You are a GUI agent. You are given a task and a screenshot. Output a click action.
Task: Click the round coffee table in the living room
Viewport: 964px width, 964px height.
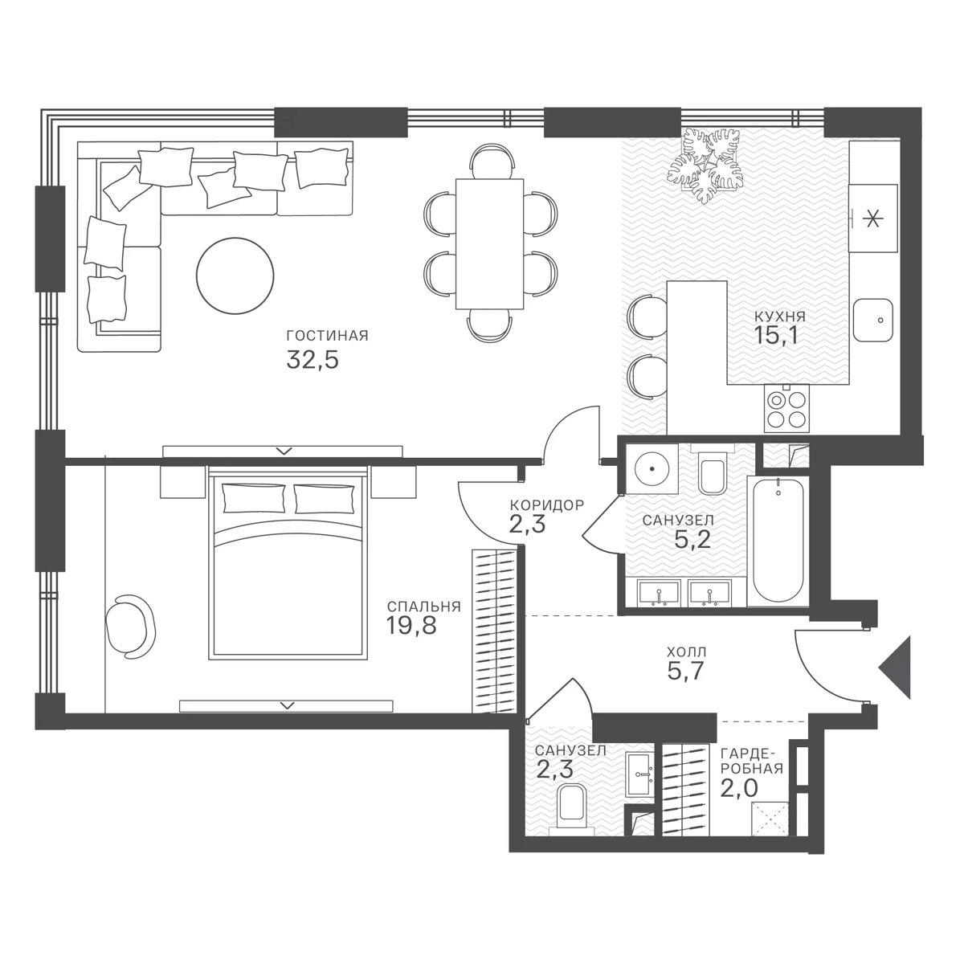click(235, 276)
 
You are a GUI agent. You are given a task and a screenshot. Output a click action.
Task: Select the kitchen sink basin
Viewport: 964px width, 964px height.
click(873, 321)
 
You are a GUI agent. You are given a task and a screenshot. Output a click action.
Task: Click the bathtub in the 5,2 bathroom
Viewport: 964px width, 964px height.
click(778, 541)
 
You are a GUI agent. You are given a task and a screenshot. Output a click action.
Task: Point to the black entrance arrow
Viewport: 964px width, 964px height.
click(897, 667)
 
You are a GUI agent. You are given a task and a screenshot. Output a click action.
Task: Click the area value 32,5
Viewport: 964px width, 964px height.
click(312, 360)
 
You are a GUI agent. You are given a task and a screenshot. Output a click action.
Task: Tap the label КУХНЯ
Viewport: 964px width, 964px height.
click(780, 317)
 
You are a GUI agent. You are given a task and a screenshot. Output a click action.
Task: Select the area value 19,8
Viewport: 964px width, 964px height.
click(411, 625)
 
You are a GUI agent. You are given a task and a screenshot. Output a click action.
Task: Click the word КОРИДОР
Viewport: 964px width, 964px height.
click(547, 505)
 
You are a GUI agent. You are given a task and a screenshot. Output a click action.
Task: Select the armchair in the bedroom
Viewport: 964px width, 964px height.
click(131, 626)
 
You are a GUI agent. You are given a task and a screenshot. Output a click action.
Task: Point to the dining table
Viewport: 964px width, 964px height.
click(489, 243)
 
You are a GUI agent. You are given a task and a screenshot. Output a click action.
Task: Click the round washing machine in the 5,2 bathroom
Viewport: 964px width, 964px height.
click(652, 468)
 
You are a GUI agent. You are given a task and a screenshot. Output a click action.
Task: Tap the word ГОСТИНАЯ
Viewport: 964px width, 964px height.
click(327, 336)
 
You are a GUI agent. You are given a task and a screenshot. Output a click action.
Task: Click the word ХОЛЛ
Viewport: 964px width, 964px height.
click(687, 652)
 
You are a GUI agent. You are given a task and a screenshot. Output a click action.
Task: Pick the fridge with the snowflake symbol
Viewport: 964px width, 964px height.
click(873, 219)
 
